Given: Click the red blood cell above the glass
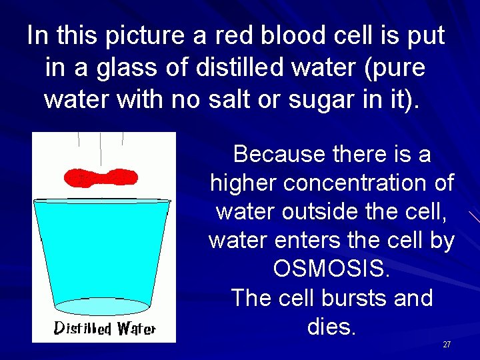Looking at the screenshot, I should click(x=101, y=177).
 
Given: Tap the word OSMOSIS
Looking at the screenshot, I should click(x=331, y=269).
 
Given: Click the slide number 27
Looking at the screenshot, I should click(x=447, y=345).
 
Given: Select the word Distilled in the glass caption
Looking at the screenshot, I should click(x=83, y=329).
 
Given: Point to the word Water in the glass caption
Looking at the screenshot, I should click(x=136, y=329).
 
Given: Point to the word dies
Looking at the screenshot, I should click(x=332, y=327).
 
